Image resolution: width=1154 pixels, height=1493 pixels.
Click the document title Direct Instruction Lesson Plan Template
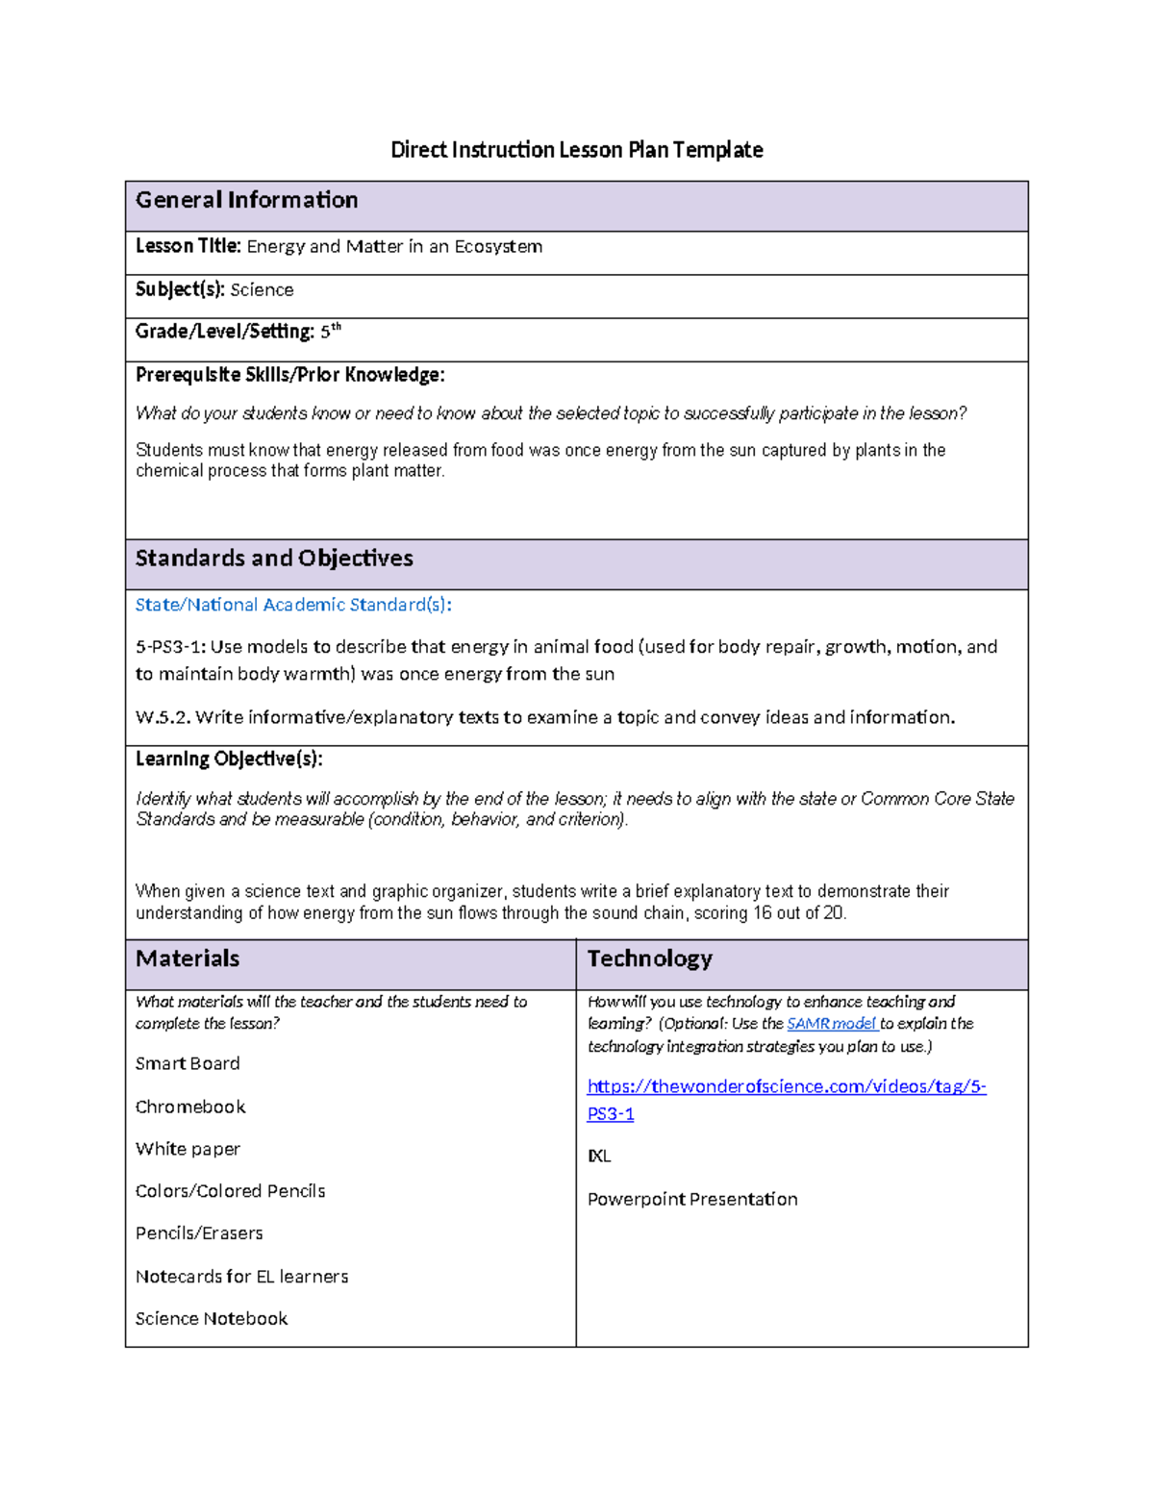(576, 150)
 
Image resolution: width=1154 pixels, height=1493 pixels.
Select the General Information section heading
(246, 200)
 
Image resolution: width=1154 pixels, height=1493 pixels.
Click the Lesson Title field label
(188, 246)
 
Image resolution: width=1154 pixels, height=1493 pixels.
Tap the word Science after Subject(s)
(262, 290)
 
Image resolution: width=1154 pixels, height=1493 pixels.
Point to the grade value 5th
(330, 332)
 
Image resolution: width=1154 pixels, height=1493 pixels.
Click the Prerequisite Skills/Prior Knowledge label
(289, 375)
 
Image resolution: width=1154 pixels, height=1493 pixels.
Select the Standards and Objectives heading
(274, 559)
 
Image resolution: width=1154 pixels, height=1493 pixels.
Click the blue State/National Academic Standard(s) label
(293, 605)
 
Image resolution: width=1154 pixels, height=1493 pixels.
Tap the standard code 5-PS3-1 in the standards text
(169, 647)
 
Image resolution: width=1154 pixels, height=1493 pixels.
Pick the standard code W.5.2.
(162, 717)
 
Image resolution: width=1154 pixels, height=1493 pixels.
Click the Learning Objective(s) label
(229, 759)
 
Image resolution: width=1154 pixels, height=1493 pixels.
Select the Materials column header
(188, 958)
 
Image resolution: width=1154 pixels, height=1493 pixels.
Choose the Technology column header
(649, 958)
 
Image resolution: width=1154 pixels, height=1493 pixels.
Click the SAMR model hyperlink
(831, 1024)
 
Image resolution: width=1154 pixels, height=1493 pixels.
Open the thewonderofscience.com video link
(786, 1087)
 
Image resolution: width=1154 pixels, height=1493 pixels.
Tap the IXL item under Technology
(599, 1157)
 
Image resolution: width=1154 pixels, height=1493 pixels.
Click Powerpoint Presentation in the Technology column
(692, 1200)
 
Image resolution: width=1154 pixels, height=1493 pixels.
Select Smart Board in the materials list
(188, 1064)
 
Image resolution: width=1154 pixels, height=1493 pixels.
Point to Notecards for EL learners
(241, 1277)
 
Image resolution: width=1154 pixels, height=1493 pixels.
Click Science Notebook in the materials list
(212, 1319)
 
